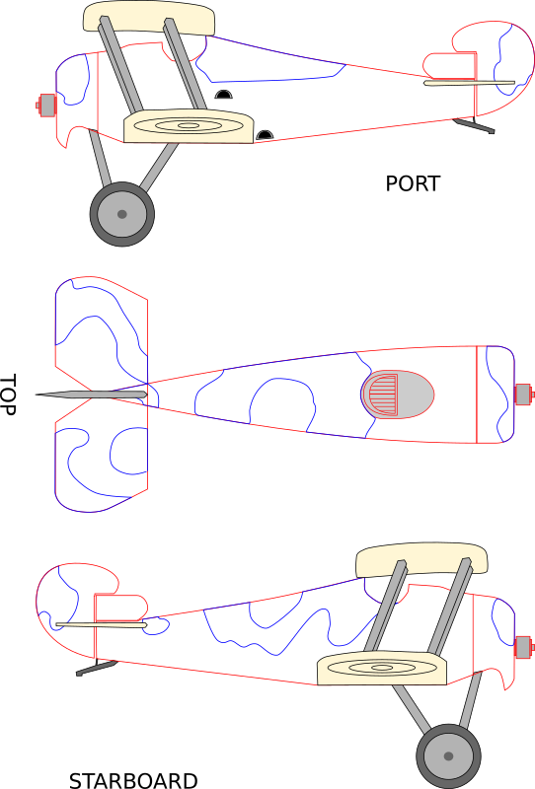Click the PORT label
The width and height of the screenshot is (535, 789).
pos(413,183)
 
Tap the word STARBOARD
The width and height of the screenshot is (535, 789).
pos(133,780)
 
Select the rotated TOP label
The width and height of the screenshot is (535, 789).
pos(8,394)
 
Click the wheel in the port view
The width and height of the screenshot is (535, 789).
pos(122,214)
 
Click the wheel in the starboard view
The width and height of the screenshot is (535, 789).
pos(448,756)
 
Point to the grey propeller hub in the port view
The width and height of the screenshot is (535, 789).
pos(46,106)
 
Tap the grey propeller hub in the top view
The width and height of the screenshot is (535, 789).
pos(524,394)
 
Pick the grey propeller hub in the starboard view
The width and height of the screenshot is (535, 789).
pos(524,647)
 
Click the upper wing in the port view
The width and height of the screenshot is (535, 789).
pos(149,19)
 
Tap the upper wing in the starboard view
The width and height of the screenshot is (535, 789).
pos(421,560)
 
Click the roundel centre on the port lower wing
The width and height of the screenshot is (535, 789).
pos(189,126)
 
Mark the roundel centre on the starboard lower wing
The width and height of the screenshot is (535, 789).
pos(382,668)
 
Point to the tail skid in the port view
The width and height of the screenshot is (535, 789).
pos(473,125)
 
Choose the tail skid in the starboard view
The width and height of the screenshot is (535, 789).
pos(97,668)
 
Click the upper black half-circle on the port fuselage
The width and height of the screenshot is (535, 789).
pos(224,94)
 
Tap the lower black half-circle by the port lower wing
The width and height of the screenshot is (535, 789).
pos(265,135)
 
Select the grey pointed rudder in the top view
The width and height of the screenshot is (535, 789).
pos(91,394)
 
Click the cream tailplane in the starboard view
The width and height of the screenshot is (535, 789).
pos(102,625)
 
